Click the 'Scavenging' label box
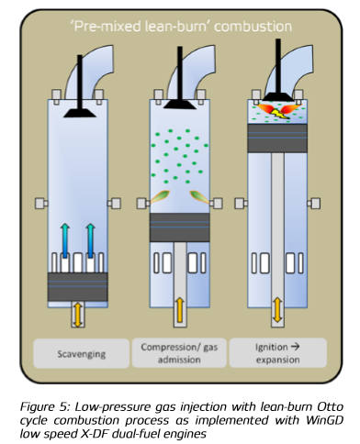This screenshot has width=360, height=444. [81, 353]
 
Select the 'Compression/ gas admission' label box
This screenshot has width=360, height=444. [179, 353]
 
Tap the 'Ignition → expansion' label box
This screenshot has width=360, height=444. [278, 352]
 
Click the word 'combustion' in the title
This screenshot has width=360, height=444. [253, 27]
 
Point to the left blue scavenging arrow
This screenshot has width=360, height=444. [65, 240]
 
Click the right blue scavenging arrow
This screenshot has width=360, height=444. [90, 240]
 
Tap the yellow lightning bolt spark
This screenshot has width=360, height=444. [280, 114]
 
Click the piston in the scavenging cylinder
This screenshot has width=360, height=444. [78, 287]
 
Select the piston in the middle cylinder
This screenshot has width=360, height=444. [180, 228]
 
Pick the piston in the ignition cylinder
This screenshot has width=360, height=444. [277, 139]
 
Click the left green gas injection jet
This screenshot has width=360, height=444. [160, 196]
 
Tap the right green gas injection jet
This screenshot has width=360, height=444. [199, 196]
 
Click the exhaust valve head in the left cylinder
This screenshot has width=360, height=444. [80, 113]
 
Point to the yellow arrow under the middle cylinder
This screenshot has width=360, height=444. [180, 310]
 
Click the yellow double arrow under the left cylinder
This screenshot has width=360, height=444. [78, 314]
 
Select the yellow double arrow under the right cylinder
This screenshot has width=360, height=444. [277, 310]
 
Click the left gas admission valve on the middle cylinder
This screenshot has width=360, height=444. [143, 204]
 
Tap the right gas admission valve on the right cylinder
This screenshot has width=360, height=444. [314, 204]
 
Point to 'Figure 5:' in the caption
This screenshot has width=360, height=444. [45, 407]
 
